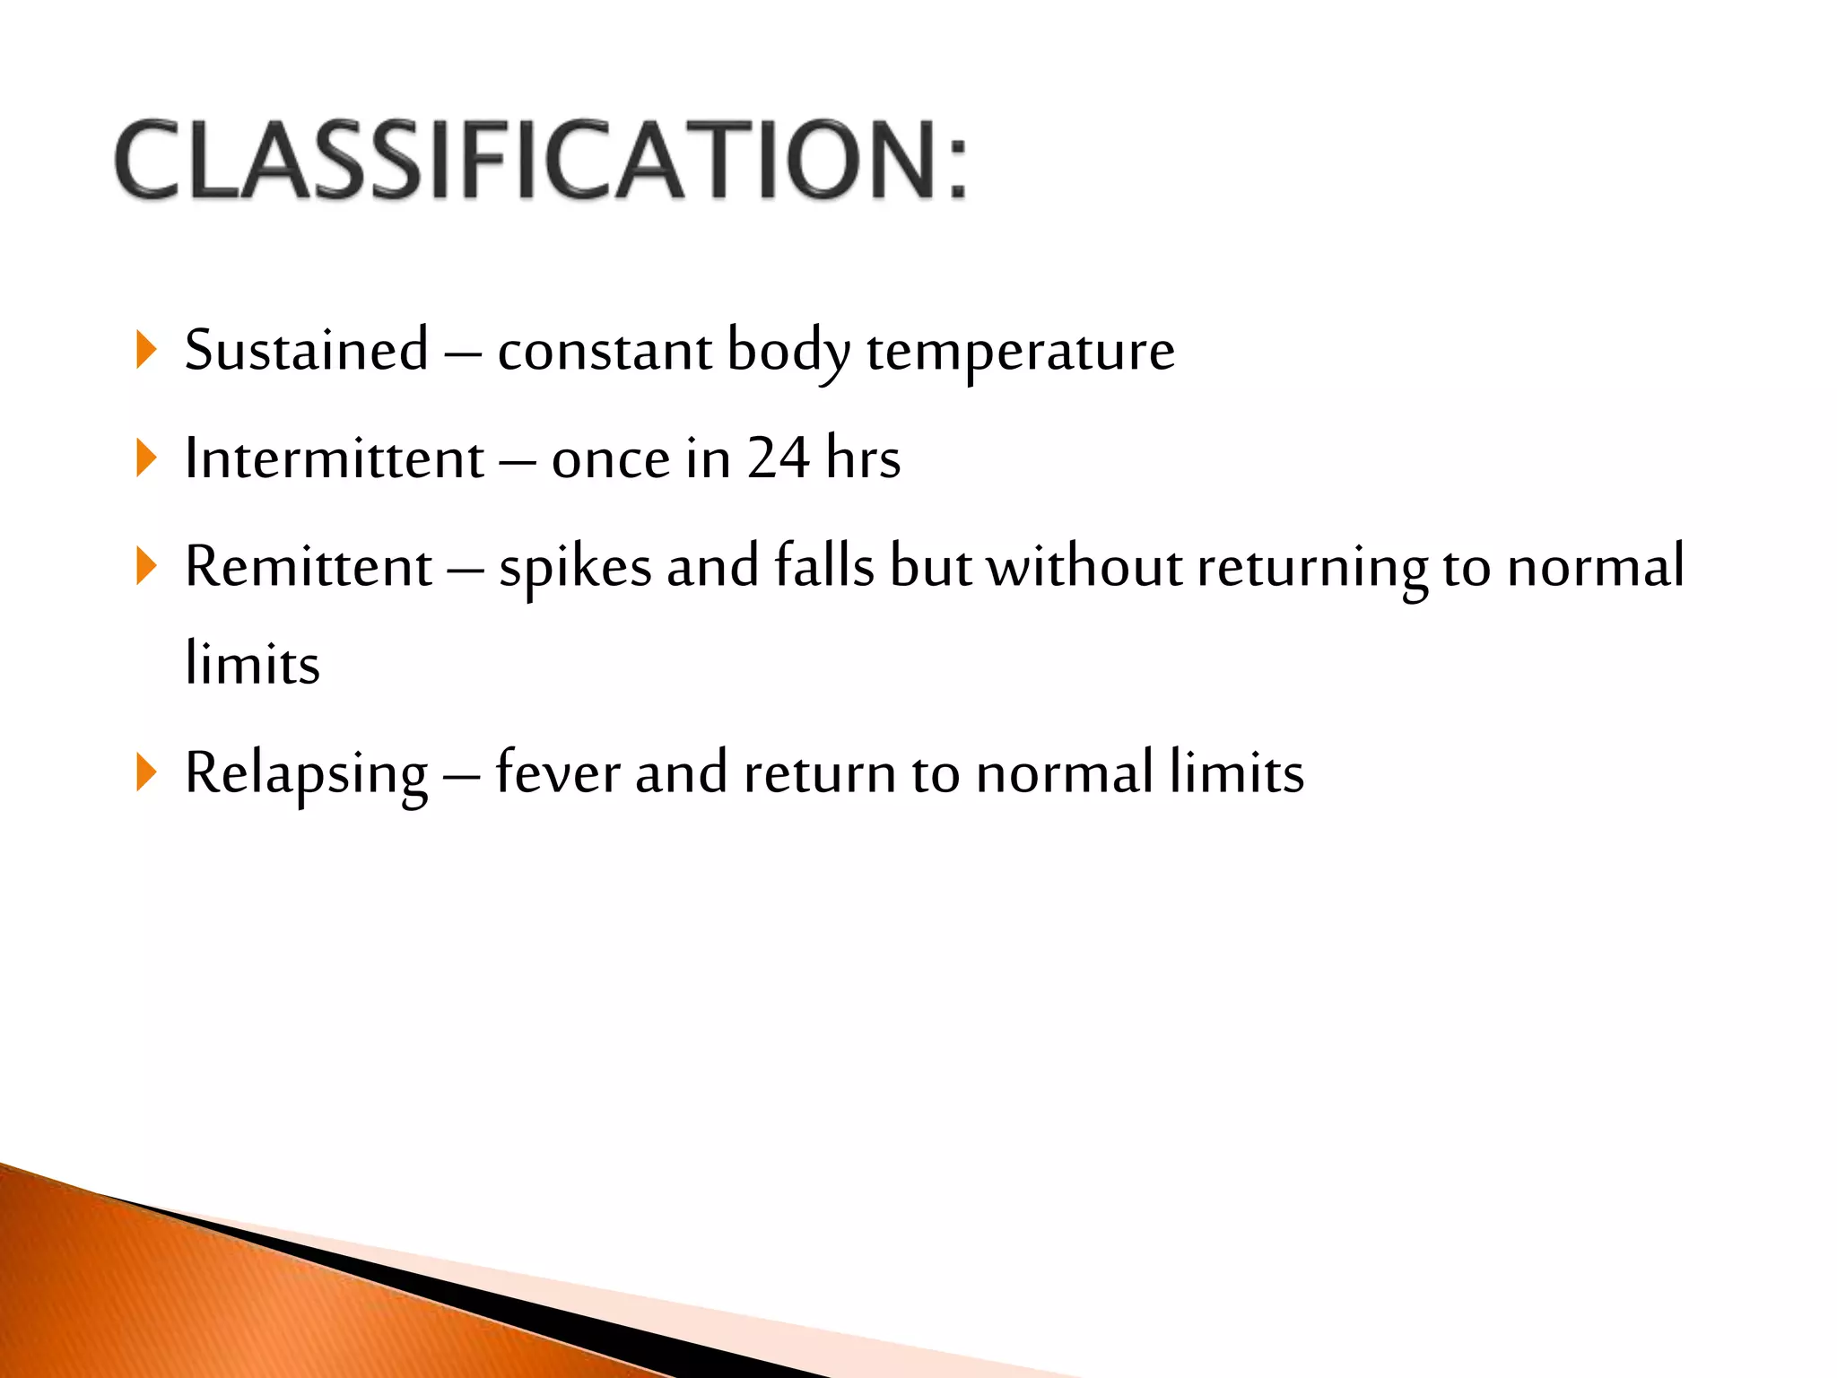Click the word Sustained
click(x=306, y=350)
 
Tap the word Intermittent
click(x=334, y=458)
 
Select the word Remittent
click(x=309, y=567)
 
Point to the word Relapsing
click(x=306, y=773)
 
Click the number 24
click(x=779, y=458)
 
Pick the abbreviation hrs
click(x=863, y=458)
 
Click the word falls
click(x=823, y=567)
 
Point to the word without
click(x=1084, y=567)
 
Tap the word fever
click(x=557, y=773)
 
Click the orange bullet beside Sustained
click(x=146, y=349)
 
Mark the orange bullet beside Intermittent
click(x=146, y=458)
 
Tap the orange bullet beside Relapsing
click(x=146, y=772)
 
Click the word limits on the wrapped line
click(x=252, y=664)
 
